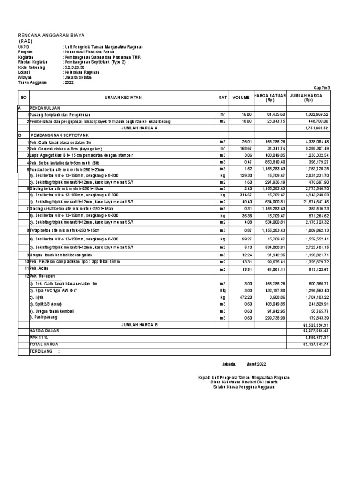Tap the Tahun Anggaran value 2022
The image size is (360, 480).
(x=68, y=82)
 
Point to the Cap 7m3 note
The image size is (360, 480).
(x=322, y=88)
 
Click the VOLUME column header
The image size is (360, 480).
(x=241, y=97)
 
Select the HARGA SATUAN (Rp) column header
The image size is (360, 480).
(x=270, y=97)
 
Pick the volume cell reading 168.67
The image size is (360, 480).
(x=246, y=148)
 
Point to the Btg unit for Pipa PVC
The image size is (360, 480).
(x=222, y=291)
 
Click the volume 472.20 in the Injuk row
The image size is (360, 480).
(x=246, y=297)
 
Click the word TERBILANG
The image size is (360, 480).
(x=40, y=350)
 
